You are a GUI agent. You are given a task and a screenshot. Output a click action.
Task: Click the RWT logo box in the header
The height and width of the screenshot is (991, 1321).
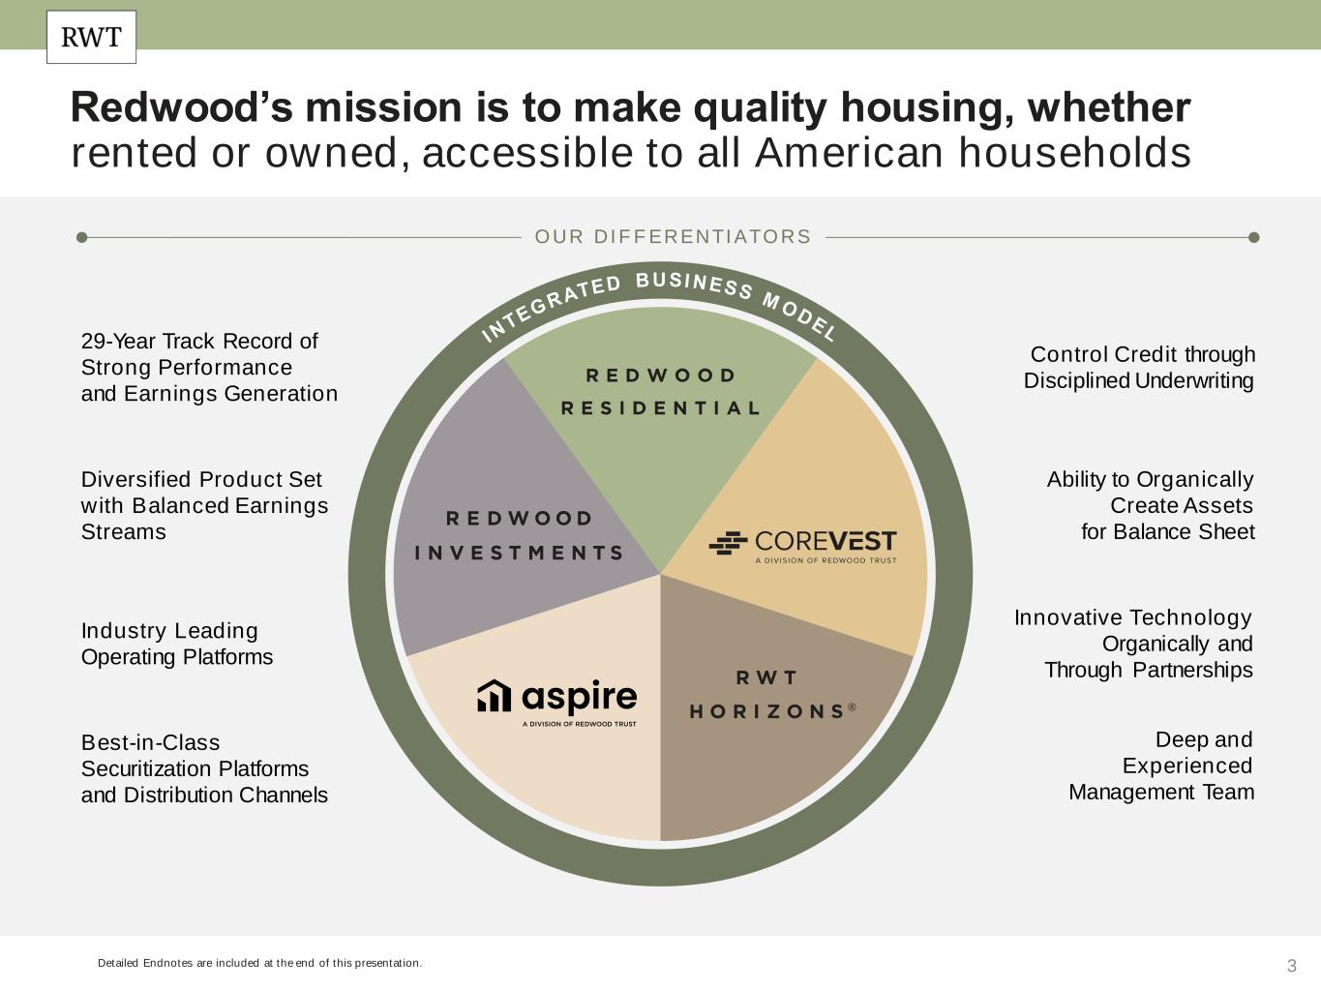click(x=92, y=37)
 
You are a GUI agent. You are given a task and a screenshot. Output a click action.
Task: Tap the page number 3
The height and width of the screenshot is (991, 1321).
click(x=1292, y=966)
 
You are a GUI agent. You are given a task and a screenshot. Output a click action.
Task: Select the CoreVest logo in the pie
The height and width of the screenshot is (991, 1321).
click(x=803, y=547)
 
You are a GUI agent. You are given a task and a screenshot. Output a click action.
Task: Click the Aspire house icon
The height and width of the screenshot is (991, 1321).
click(x=495, y=696)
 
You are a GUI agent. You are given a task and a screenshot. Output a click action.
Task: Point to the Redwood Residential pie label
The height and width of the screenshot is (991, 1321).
click(x=661, y=392)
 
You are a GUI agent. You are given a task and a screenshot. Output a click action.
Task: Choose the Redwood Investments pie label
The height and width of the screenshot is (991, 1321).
click(x=520, y=535)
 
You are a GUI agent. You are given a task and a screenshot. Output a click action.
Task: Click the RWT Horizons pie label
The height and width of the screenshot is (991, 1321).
click(x=772, y=694)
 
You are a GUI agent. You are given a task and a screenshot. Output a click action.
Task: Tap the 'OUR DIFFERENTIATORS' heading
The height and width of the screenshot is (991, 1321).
click(x=673, y=236)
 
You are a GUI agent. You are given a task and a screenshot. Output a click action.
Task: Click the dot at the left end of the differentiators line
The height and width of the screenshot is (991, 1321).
click(x=82, y=237)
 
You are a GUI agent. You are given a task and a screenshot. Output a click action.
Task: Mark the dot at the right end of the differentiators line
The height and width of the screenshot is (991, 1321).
click(x=1253, y=237)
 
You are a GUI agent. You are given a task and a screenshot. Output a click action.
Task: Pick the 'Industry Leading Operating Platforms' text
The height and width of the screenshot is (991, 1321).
click(x=177, y=644)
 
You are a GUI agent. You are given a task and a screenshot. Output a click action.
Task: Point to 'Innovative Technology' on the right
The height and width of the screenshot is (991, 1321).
click(x=1132, y=617)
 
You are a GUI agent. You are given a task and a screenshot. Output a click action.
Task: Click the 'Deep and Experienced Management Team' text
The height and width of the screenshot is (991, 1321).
click(x=1161, y=766)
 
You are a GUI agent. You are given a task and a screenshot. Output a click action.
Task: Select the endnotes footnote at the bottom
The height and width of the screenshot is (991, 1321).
click(x=260, y=963)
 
